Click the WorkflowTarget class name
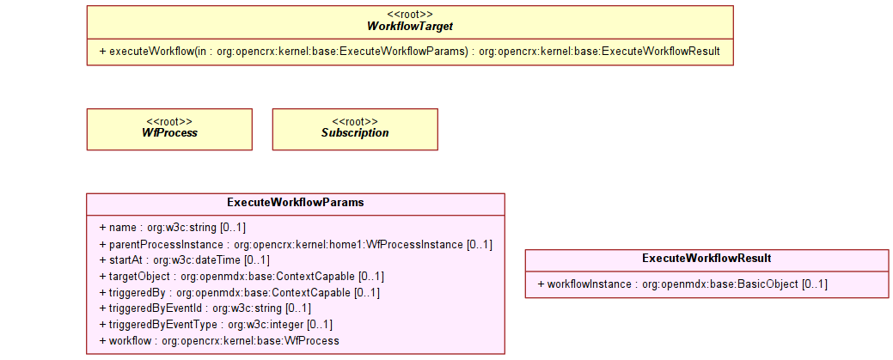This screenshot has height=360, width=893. [x=410, y=26]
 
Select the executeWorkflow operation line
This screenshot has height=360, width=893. [x=409, y=52]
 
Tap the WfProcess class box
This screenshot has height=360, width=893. [x=169, y=129]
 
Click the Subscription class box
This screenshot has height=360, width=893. [x=355, y=129]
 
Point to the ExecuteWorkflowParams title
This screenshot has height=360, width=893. [x=296, y=202]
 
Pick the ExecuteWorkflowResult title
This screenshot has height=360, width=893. [x=706, y=258]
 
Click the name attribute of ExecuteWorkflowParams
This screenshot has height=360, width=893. [x=173, y=228]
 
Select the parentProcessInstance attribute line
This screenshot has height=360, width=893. [x=296, y=244]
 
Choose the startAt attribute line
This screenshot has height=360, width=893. [x=185, y=260]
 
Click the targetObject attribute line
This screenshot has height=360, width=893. [x=242, y=277]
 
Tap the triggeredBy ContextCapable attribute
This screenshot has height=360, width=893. [x=239, y=293]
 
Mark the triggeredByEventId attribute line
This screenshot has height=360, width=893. [x=205, y=308]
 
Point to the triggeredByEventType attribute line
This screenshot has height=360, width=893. [x=216, y=325]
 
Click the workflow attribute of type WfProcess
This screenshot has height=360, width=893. [x=219, y=341]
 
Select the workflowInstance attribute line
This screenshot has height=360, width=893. [x=682, y=284]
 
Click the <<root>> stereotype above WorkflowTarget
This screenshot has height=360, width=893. [x=410, y=15]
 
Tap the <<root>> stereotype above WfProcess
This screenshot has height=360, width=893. [x=169, y=121]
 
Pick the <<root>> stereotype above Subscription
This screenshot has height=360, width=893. [x=355, y=121]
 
